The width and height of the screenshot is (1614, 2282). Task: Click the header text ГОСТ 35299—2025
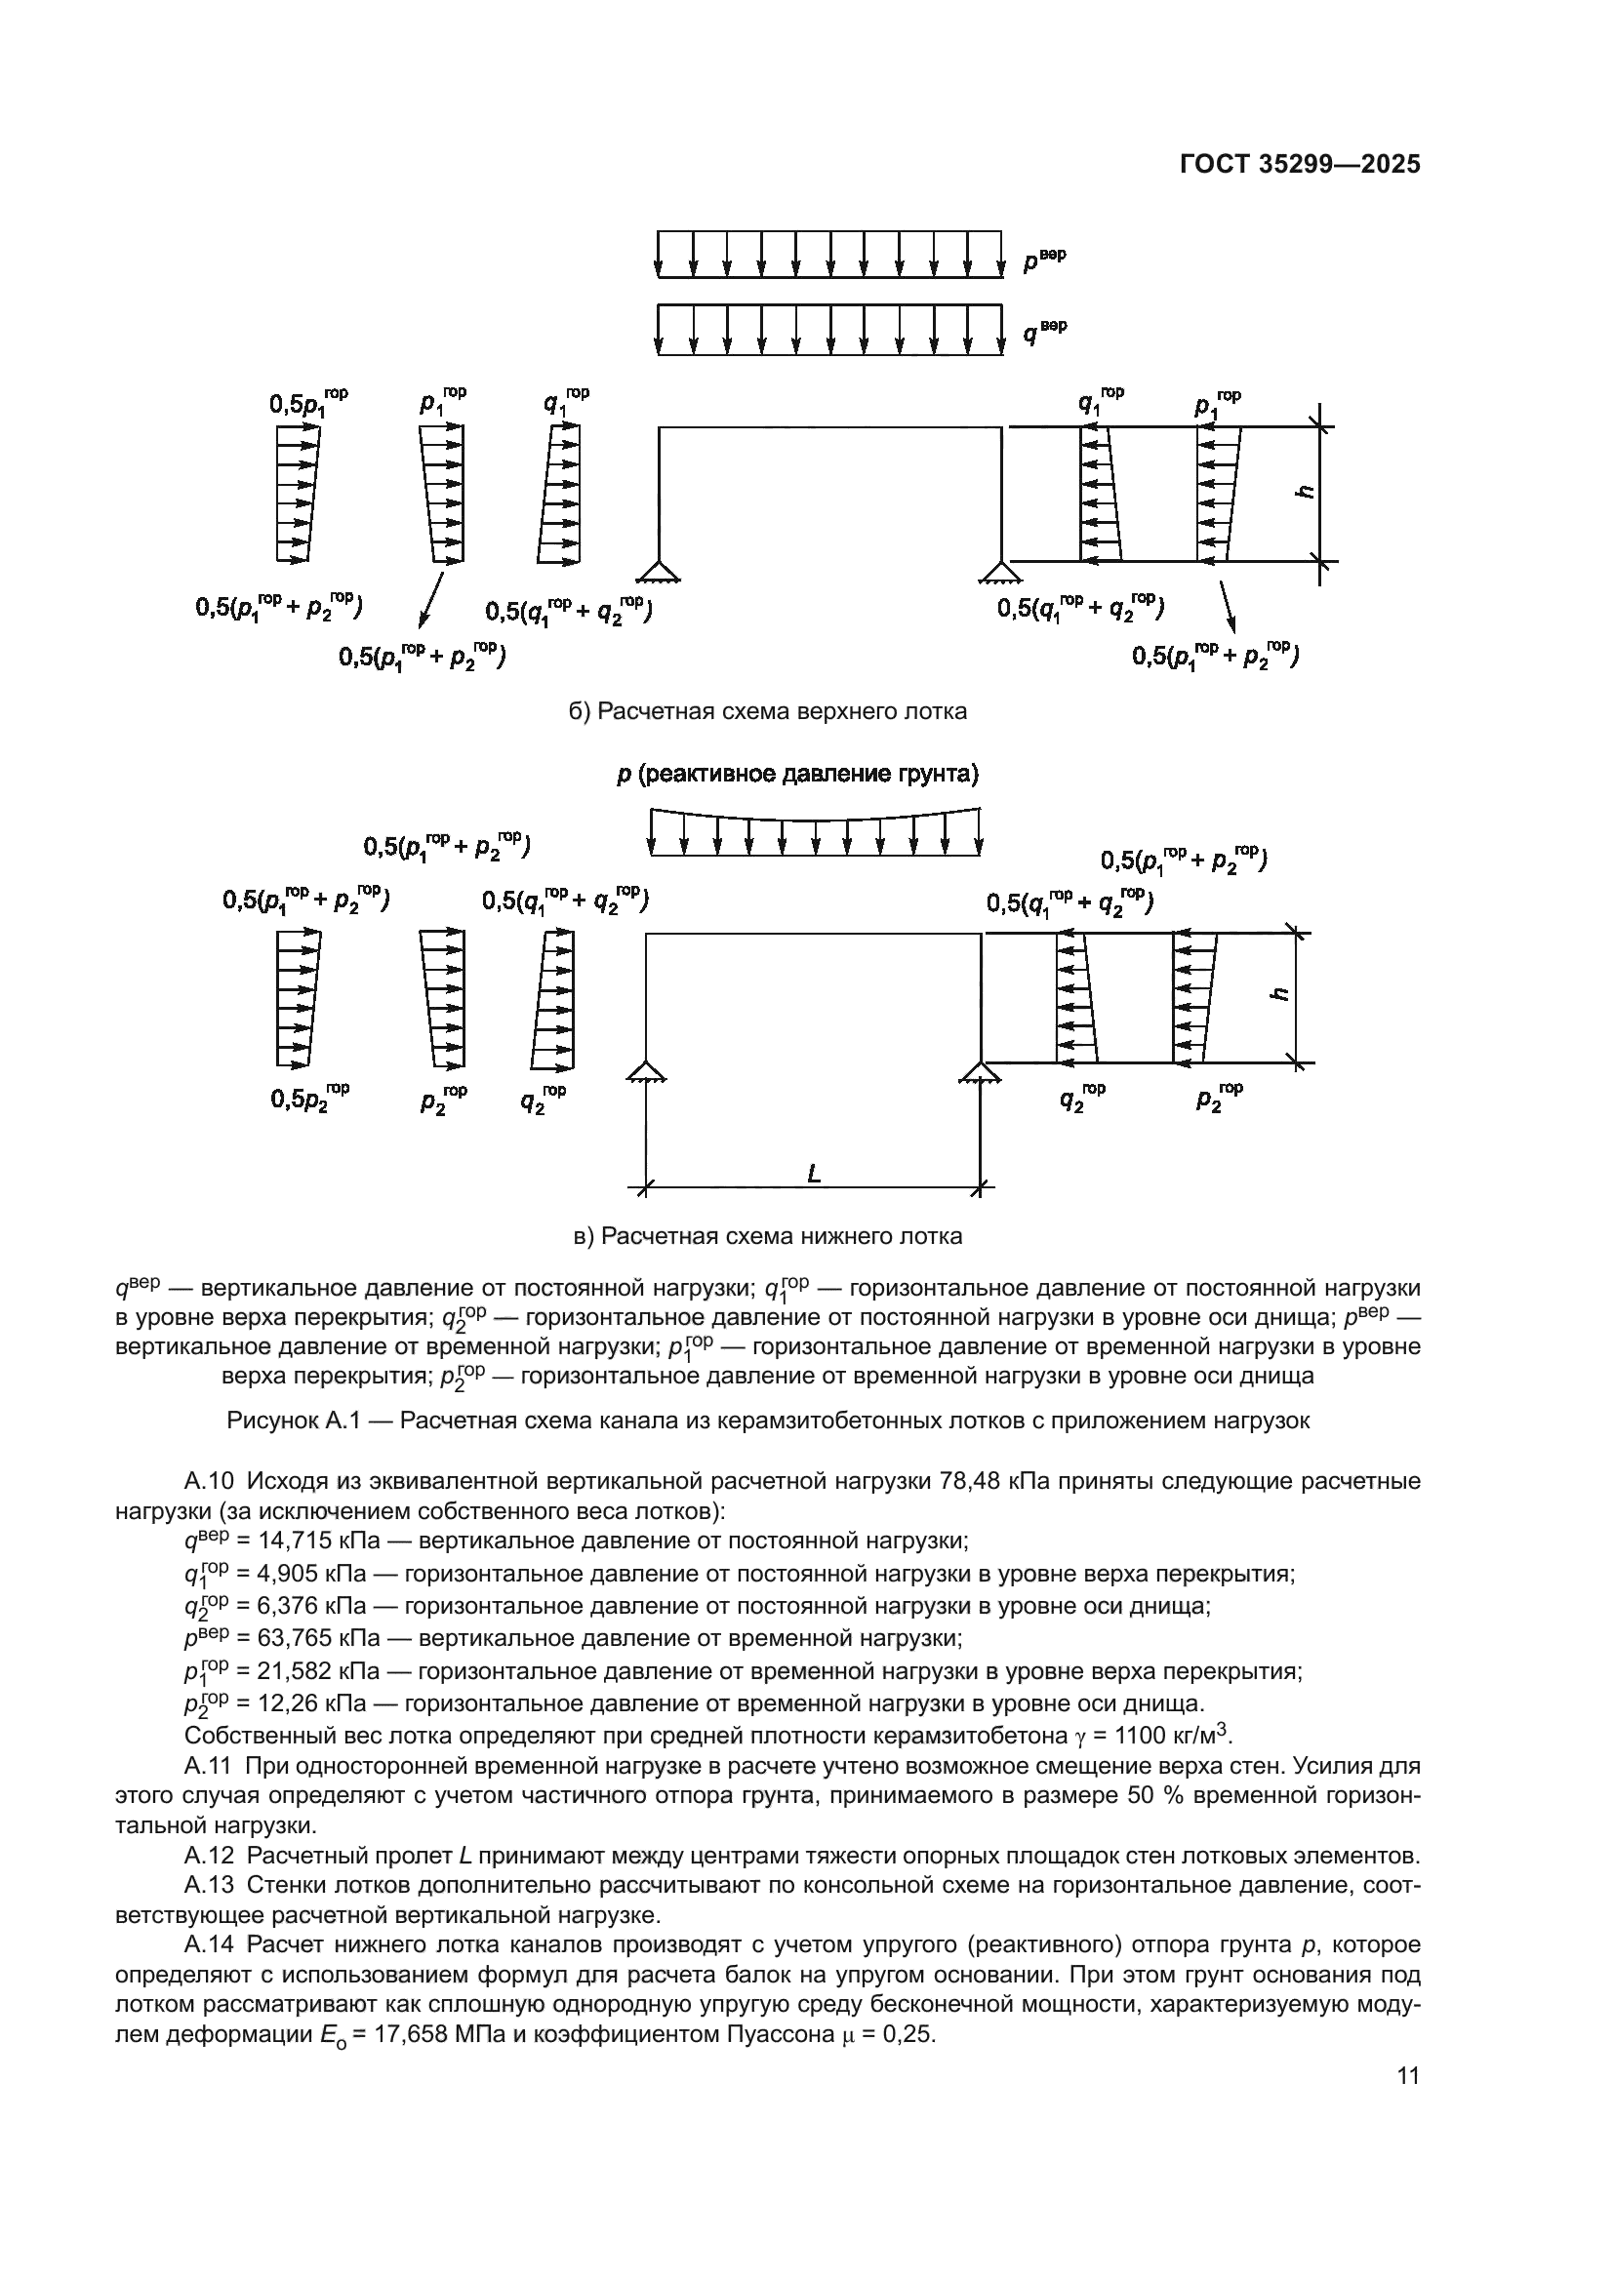coord(1300,164)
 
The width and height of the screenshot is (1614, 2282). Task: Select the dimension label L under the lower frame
coord(814,1174)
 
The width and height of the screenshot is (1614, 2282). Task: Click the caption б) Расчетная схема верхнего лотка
coord(767,711)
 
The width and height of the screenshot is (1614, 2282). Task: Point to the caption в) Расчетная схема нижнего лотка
coord(768,1236)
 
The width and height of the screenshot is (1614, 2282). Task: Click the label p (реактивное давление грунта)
coord(797,774)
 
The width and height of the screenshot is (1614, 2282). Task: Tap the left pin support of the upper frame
coord(658,570)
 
